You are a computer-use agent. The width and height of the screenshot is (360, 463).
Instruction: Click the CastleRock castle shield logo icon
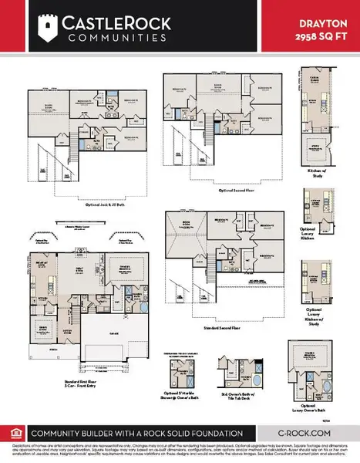click(48, 28)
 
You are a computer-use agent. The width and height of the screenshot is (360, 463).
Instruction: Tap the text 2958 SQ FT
click(318, 35)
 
